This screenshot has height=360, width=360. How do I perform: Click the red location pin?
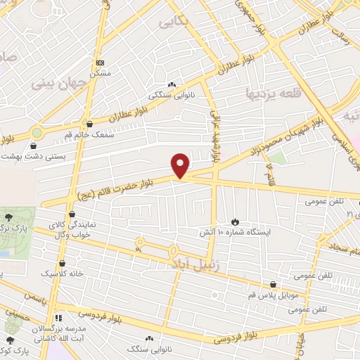tap(181, 165)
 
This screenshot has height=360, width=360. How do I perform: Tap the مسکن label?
tap(99, 73)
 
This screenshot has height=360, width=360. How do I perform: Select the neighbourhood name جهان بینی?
tap(58, 82)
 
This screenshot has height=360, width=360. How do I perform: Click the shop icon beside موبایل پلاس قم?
tap(274, 285)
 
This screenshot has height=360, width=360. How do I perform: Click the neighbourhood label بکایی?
tap(174, 22)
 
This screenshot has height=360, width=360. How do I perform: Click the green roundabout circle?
tap(37, 132)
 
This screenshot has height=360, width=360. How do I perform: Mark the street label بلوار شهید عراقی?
tap(216, 127)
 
